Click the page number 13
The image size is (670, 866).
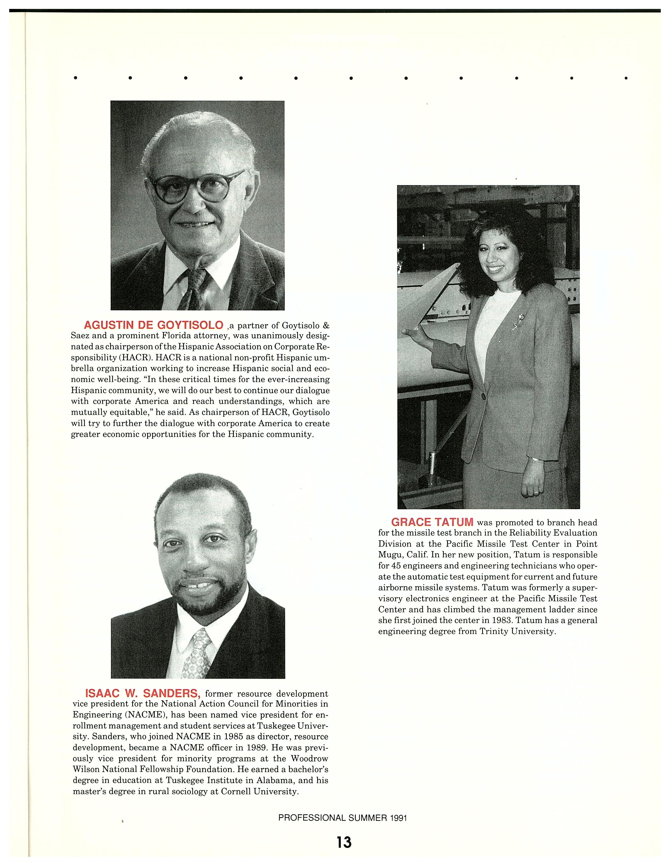(x=344, y=842)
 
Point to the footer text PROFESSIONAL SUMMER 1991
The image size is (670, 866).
(x=343, y=818)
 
